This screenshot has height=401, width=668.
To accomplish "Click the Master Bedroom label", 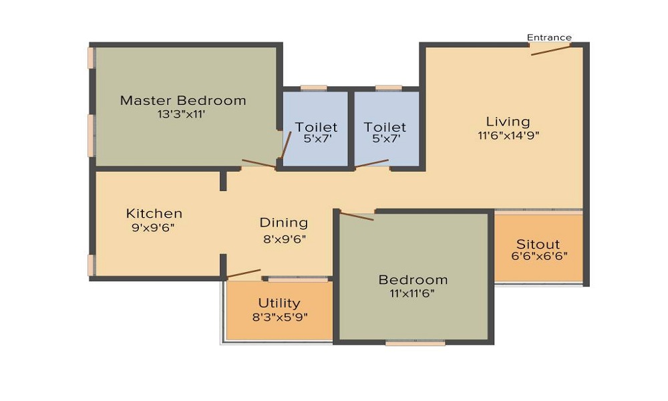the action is pos(183,100).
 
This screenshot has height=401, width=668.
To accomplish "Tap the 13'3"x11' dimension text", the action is pos(182,114).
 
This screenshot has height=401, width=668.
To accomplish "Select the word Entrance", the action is pos(549,37).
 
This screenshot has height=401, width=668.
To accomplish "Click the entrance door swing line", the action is pos(550,50).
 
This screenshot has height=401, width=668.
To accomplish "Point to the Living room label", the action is pos(508,122).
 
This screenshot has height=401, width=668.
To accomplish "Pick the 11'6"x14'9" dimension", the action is pos(508,136).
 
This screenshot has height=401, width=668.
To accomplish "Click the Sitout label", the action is pos(538,244).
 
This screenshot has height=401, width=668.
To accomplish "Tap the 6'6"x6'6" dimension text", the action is pos(539,256).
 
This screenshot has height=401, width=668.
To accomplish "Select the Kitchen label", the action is pos(154,213).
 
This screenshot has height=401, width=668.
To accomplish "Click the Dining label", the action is pos(284,223).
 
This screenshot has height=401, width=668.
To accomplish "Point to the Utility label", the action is pos(279,303).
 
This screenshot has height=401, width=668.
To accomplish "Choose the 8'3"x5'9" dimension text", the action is pos(281,317).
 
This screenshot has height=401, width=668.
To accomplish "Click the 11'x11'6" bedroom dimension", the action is pos(412,293).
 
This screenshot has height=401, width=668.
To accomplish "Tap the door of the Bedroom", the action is pos(357,216).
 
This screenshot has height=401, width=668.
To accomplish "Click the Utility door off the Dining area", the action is pos(243,273).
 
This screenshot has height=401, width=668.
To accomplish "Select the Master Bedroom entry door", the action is pos(259,164).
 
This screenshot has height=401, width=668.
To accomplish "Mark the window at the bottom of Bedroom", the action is pos(415,342).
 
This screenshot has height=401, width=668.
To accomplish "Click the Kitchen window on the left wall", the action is pos(91,265).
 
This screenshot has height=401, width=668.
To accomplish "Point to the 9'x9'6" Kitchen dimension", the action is pos(154,227).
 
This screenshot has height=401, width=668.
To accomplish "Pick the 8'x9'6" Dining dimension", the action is pos(285,239).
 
